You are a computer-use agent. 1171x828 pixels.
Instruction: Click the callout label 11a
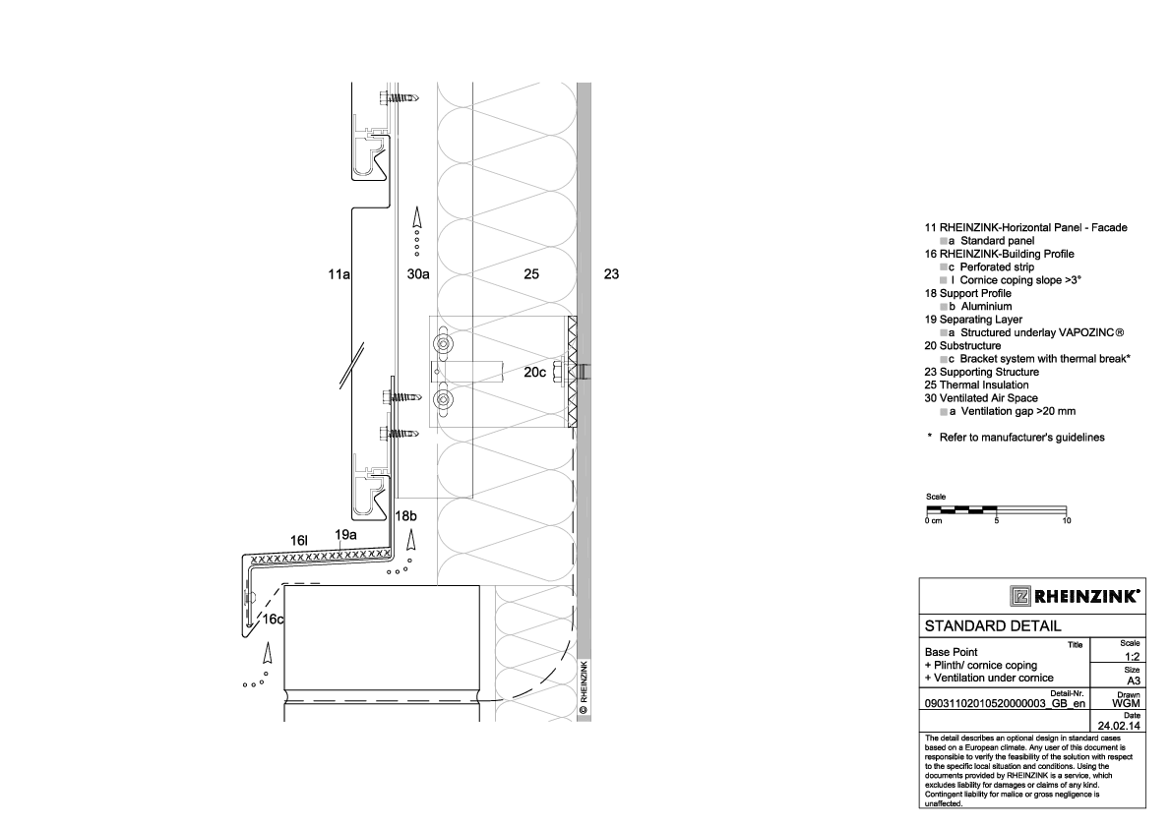[339, 274]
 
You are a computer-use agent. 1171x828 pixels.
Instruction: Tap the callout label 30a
[418, 274]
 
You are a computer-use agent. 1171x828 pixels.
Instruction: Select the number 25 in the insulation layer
[531, 274]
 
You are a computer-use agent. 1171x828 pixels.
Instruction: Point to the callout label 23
[611, 274]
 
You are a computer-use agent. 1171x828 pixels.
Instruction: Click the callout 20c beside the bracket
[534, 372]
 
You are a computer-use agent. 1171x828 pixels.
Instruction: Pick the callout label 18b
[405, 516]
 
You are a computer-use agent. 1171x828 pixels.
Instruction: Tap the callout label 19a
[345, 535]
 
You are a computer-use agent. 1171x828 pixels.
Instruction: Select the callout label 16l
[299, 541]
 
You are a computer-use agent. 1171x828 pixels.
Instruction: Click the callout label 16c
[273, 619]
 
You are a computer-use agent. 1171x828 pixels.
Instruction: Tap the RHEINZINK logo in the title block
[1076, 596]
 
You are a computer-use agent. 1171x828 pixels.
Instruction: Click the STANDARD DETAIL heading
[993, 626]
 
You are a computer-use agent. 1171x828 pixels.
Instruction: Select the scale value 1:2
[1133, 657]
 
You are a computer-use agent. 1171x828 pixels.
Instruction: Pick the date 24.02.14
[1119, 726]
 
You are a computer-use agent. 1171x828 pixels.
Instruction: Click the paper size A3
[1134, 680]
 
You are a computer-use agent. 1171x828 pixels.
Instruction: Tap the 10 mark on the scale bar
[1067, 520]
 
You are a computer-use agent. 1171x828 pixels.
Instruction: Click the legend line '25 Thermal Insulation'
[976, 385]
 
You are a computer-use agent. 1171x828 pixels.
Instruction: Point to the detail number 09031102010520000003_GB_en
[1005, 703]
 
